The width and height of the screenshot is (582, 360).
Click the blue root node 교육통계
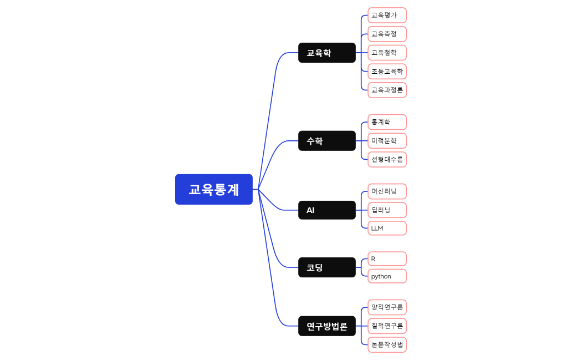click(x=214, y=189)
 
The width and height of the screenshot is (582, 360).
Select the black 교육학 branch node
click(x=326, y=53)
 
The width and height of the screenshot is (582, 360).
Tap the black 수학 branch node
click(x=326, y=141)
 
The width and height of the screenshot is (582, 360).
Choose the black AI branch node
click(x=326, y=210)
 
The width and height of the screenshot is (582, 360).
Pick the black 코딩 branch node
click(x=326, y=267)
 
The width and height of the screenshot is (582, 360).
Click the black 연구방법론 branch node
click(x=326, y=326)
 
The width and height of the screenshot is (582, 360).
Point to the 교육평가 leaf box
click(x=387, y=15)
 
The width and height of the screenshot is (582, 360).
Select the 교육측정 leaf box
click(x=387, y=34)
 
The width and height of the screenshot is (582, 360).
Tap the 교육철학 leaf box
click(x=387, y=53)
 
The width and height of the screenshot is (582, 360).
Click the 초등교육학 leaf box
click(x=387, y=71)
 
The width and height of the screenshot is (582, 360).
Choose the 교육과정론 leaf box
click(x=387, y=90)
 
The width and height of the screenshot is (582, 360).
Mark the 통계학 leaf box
click(x=387, y=122)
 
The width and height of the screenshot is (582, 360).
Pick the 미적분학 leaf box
click(x=387, y=141)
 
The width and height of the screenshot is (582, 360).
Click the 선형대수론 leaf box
click(x=387, y=159)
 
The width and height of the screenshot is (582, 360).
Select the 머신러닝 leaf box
click(x=387, y=191)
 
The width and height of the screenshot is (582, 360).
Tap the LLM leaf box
click(x=387, y=228)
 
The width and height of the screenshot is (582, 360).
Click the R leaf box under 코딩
click(x=387, y=258)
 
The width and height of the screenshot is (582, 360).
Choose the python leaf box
click(x=387, y=276)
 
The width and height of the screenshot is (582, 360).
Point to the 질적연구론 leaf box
click(x=387, y=326)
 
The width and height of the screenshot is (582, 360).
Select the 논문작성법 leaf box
click(x=387, y=344)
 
